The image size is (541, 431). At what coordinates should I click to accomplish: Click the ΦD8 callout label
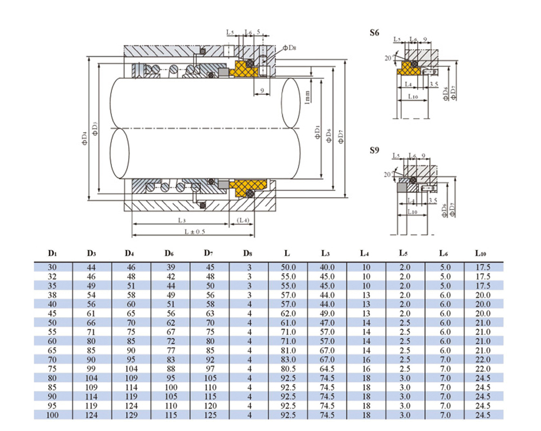[x=289, y=48]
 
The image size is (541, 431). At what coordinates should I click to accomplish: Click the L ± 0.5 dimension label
[x=193, y=231]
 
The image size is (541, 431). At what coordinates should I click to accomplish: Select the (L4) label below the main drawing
[x=242, y=220]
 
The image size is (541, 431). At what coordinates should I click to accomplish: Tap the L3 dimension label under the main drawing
[x=182, y=220]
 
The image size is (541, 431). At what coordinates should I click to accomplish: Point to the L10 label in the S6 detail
[x=412, y=96]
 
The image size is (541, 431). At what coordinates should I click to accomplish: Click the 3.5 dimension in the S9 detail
[x=433, y=200]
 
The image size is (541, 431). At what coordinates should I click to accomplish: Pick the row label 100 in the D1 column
[x=52, y=415]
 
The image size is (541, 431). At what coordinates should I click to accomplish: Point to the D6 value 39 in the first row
[x=170, y=267]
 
